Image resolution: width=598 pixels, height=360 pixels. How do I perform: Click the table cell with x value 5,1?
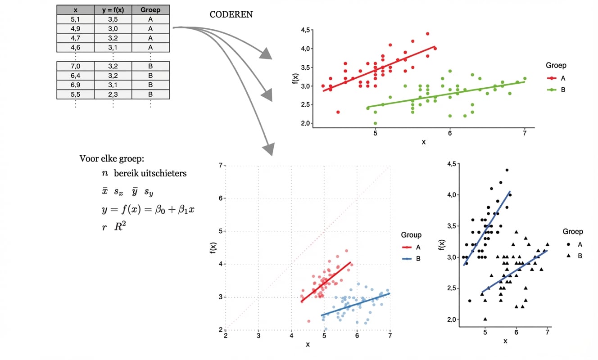[x=75, y=18]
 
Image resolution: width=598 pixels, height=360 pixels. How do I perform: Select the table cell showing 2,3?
[x=113, y=94]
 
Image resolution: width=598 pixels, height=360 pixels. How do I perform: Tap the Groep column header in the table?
[x=150, y=9]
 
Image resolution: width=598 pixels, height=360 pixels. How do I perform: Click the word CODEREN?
[x=231, y=14]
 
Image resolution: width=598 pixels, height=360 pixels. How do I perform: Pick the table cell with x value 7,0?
[x=75, y=66]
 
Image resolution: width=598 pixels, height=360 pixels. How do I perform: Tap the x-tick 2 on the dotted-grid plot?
[x=226, y=336]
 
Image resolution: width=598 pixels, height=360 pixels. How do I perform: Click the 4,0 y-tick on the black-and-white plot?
[x=451, y=194]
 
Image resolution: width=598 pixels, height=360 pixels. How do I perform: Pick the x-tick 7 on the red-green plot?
[x=525, y=134]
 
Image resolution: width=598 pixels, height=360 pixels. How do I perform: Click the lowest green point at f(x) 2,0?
[x=375, y=123]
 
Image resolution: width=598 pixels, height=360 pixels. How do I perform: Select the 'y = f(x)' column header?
[x=113, y=9]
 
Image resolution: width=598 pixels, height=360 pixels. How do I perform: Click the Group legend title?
[x=411, y=235]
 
